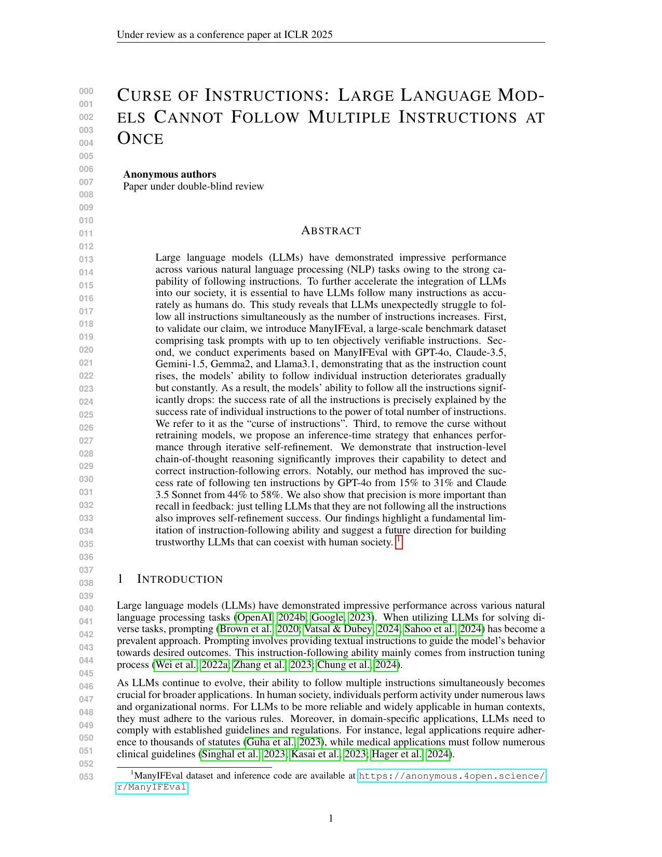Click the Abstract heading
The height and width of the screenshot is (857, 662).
(331, 231)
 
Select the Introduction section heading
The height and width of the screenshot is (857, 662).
(179, 579)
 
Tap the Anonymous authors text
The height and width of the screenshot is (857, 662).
(169, 175)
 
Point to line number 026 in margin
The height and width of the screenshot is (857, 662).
(86, 427)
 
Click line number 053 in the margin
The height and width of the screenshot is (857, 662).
(86, 776)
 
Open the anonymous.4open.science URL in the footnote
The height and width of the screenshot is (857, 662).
(452, 776)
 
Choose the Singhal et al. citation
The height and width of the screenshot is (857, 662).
(229, 754)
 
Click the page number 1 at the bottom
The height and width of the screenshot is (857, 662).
(331, 819)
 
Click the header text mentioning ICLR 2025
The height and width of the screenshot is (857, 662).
(224, 35)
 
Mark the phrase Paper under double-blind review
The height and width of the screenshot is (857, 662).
(193, 186)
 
